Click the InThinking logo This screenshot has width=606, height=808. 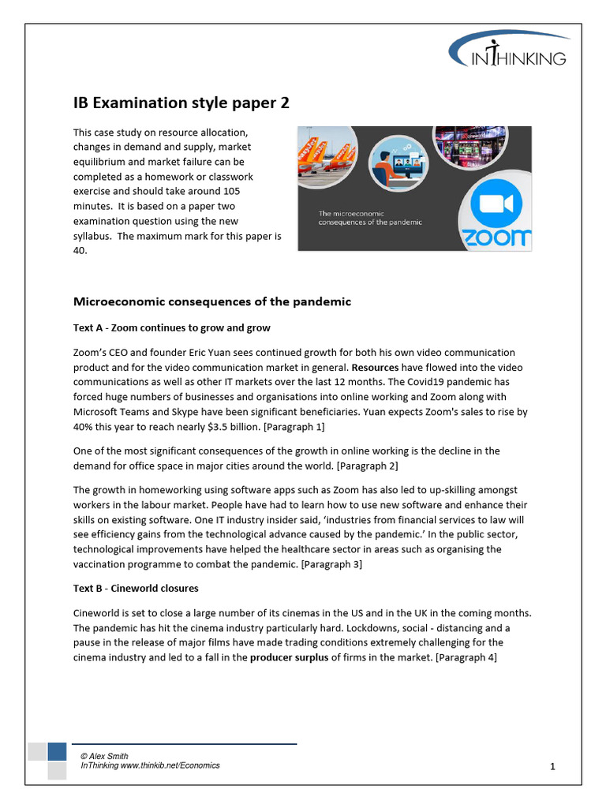click(x=509, y=52)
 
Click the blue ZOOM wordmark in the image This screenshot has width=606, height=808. click(x=495, y=238)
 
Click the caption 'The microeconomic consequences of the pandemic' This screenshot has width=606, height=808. click(x=369, y=218)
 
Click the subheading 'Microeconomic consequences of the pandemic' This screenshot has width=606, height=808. click(x=211, y=301)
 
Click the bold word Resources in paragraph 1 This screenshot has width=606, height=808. click(x=376, y=368)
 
